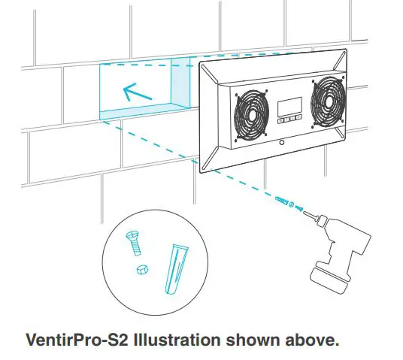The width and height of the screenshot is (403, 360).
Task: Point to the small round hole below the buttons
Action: pos(280,141)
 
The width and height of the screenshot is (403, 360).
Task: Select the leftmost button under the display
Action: pos(280,119)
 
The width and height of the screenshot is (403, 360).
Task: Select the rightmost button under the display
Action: pos(299,118)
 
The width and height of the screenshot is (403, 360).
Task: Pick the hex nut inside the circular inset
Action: pos(141,269)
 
